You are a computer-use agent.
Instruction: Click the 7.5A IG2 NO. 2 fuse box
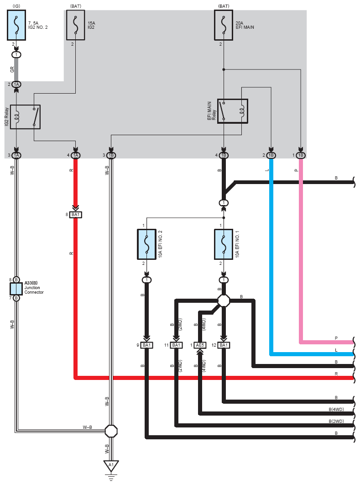tap(16, 25)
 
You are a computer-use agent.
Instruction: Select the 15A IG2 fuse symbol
tap(76, 25)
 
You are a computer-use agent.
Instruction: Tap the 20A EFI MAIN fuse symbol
tap(224, 25)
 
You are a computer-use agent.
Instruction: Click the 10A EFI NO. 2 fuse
tap(146, 244)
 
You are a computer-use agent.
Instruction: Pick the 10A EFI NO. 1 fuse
tap(224, 244)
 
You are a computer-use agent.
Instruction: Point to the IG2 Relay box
tap(26, 117)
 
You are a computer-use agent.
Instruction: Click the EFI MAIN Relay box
tap(233, 111)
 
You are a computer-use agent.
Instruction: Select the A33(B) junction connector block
tap(16, 289)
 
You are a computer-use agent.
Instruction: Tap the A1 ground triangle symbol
tap(111, 466)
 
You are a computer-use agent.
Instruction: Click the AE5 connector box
tap(200, 345)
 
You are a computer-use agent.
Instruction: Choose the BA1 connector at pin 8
tap(75, 215)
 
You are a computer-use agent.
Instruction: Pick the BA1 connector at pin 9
tap(146, 345)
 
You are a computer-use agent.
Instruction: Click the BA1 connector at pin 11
tap(176, 345)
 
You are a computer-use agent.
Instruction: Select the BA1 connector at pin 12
tap(224, 345)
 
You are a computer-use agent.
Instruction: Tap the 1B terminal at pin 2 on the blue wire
tap(271, 155)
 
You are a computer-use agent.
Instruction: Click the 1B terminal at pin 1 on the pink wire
tap(301, 155)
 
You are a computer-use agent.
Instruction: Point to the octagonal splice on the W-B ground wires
tap(111, 431)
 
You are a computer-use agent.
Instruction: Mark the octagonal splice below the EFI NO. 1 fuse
tap(224, 300)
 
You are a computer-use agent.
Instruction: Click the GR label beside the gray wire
tap(12, 69)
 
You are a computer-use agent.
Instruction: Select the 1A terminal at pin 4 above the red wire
tap(75, 155)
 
